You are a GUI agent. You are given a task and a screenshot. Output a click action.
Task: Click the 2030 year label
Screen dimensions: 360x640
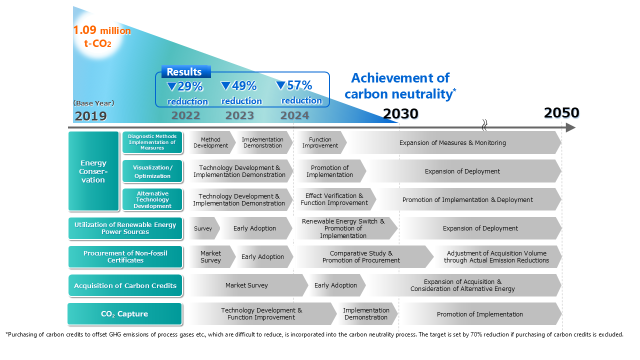pyautogui.click(x=400, y=114)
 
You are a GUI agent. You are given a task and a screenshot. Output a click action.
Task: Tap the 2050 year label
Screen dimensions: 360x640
pyautogui.click(x=561, y=113)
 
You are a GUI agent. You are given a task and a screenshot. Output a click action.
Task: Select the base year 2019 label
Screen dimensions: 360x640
pyautogui.click(x=91, y=116)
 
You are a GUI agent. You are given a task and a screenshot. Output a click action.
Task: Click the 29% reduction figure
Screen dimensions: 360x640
pyautogui.click(x=185, y=86)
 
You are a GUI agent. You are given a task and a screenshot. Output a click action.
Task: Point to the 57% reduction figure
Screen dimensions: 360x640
pyautogui.click(x=294, y=85)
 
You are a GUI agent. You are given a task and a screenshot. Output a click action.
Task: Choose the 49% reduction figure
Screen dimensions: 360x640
pyautogui.click(x=239, y=86)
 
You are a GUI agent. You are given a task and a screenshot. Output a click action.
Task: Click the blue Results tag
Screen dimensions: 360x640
pyautogui.click(x=184, y=72)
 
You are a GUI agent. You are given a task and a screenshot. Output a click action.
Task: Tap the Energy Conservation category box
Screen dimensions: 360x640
pyautogui.click(x=93, y=171)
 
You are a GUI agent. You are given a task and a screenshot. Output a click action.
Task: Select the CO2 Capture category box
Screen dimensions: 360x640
pyautogui.click(x=124, y=314)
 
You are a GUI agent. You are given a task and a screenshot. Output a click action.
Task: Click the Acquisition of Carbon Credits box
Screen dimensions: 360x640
pyautogui.click(x=125, y=285)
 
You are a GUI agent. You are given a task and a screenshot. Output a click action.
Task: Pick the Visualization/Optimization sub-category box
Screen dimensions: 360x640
pyautogui.click(x=152, y=171)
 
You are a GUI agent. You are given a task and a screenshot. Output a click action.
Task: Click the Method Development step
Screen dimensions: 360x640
pyautogui.click(x=210, y=143)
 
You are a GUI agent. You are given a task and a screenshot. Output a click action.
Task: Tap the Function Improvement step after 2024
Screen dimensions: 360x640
pyautogui.click(x=320, y=143)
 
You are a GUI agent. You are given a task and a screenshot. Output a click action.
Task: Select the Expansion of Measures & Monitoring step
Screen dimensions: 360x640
pyautogui.click(x=452, y=143)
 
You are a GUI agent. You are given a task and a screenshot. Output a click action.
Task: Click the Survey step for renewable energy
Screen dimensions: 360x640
pyautogui.click(x=203, y=228)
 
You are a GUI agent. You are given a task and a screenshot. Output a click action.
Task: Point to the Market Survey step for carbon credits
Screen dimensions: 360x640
pyautogui.click(x=246, y=285)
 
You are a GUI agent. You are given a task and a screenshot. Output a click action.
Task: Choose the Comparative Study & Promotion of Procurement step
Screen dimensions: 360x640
pyautogui.click(x=361, y=257)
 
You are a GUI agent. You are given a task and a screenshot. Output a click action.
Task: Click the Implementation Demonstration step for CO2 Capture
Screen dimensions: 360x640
pyautogui.click(x=366, y=314)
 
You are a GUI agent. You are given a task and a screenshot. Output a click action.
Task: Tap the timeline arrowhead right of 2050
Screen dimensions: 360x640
pyautogui.click(x=570, y=128)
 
